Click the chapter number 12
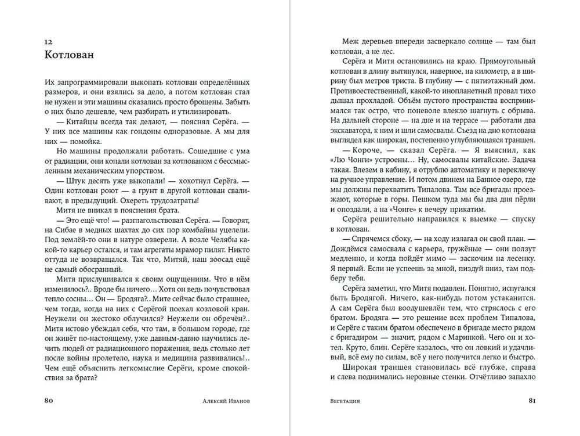click(48, 42)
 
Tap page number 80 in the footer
click(49, 400)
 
